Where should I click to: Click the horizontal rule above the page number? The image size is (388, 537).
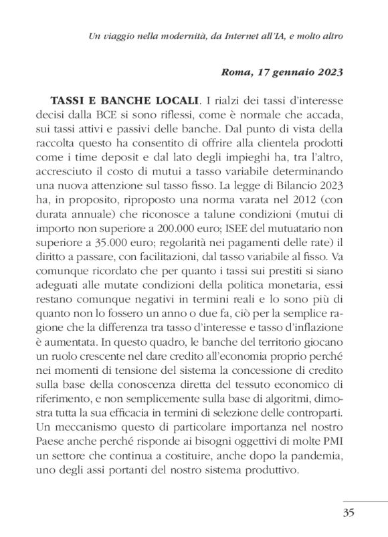tap(365, 500)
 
